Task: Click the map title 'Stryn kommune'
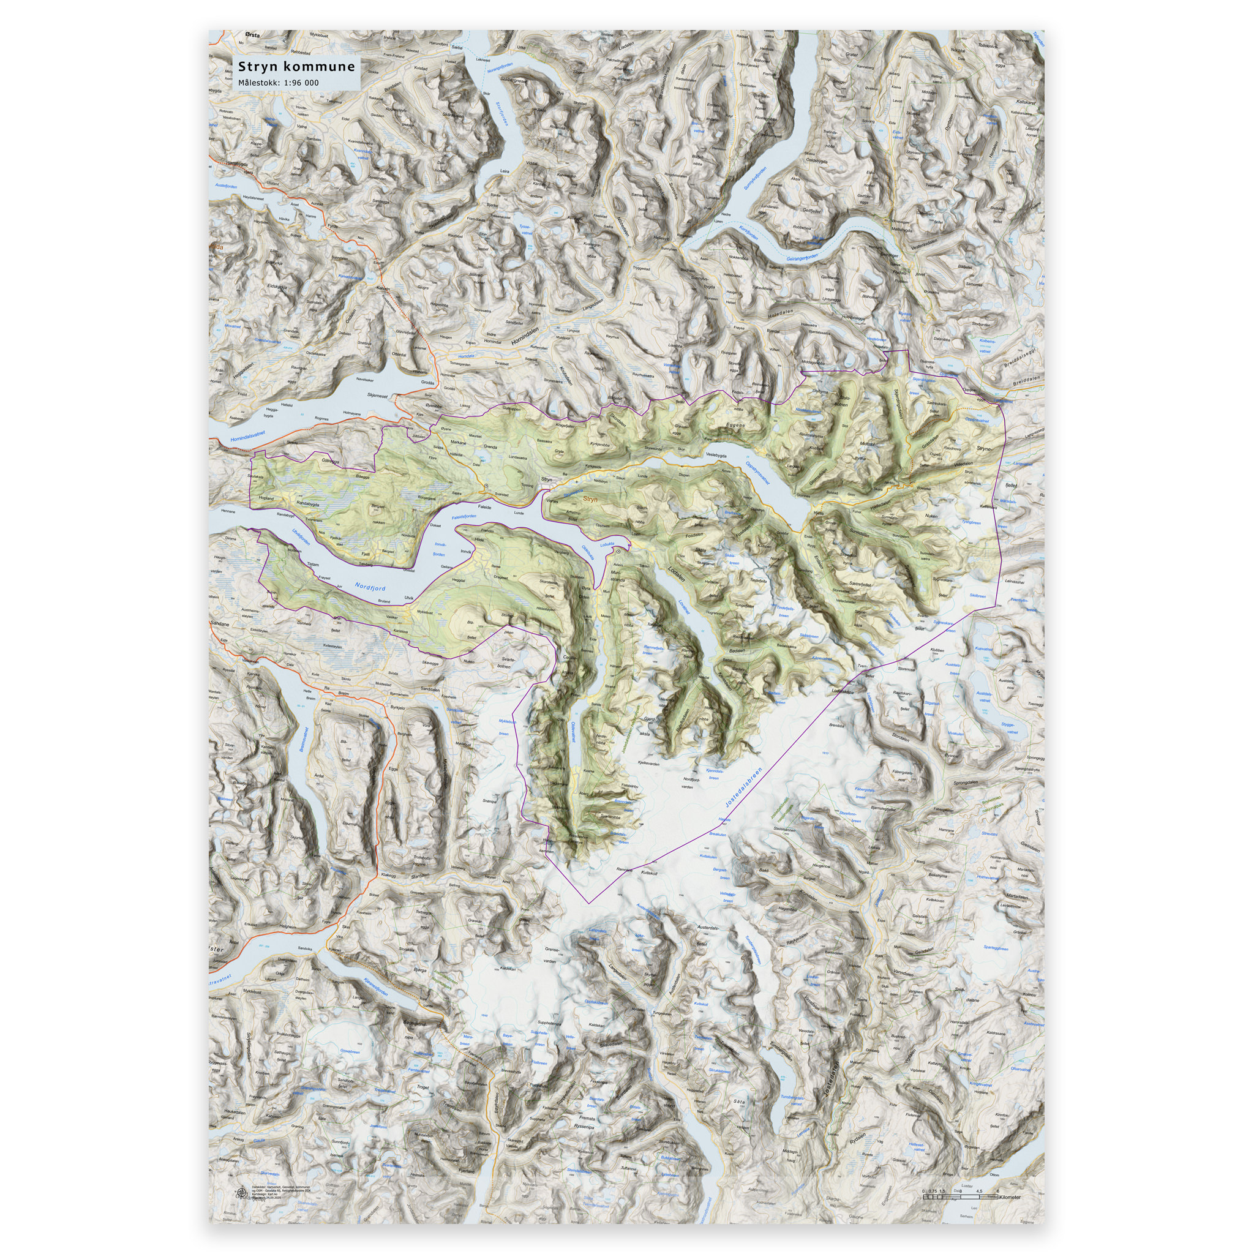296,66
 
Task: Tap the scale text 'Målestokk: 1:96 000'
278,83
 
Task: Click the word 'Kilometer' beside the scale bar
1010,1197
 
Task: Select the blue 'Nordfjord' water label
370,587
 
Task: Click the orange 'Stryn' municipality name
590,499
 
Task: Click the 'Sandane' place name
221,623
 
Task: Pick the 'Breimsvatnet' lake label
302,739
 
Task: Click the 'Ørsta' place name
252,35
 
